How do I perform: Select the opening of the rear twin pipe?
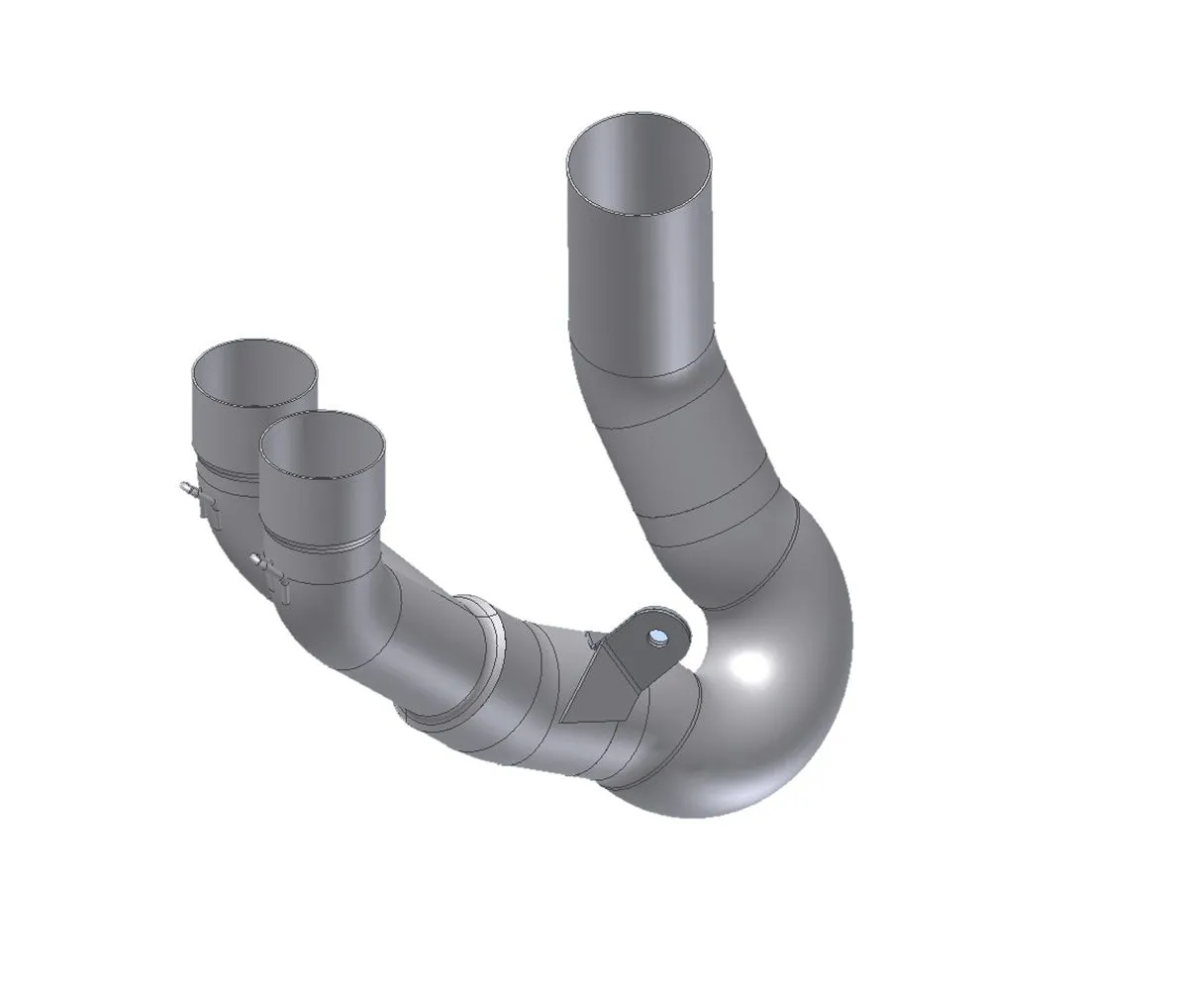click(254, 373)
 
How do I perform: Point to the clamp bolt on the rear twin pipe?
click(188, 488)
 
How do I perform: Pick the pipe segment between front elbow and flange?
click(426, 643)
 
